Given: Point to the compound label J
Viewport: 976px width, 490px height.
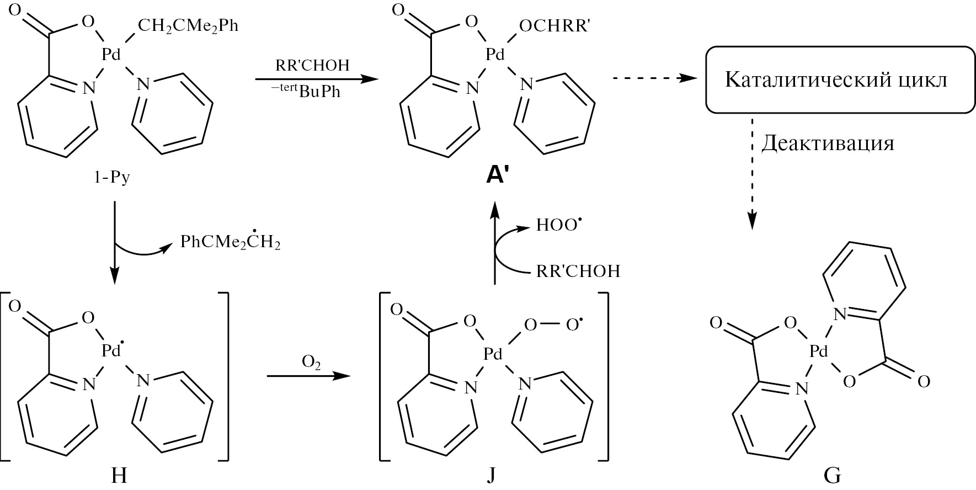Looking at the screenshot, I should point(491,476).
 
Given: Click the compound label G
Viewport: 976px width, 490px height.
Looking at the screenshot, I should point(831,476).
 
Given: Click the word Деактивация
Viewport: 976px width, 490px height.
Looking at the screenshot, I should point(828,143).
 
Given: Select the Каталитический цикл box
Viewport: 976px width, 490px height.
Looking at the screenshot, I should point(836,80).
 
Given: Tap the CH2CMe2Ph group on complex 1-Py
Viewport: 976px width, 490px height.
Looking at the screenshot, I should point(188,26).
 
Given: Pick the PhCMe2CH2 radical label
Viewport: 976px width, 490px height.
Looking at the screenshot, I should point(230,242).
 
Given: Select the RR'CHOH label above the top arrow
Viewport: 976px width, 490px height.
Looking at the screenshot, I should point(312,65).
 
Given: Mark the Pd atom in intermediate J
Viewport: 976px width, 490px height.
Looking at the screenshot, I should point(493,354).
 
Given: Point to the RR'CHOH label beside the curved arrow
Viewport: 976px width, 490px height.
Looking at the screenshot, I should point(578,271).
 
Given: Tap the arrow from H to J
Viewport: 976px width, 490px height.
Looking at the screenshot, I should point(309,376).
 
